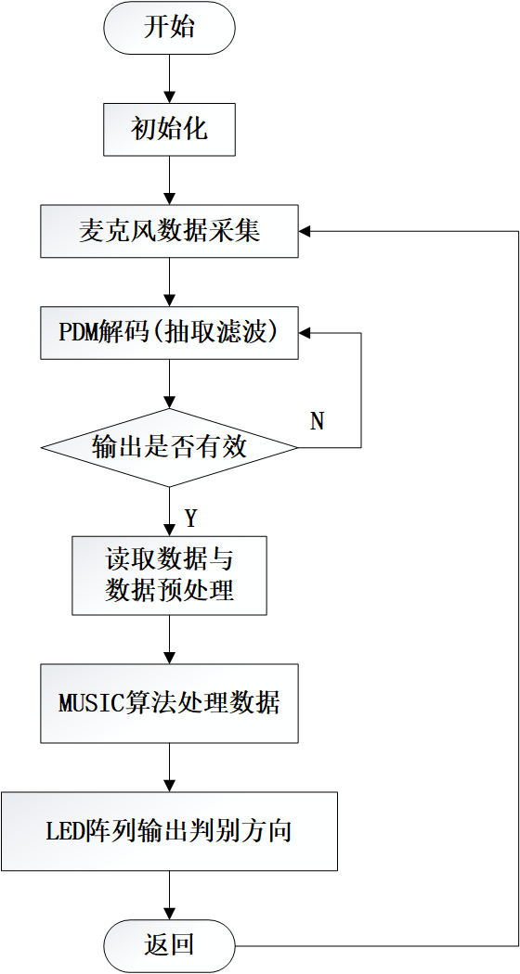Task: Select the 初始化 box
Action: [x=169, y=130]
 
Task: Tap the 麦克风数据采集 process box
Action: [x=169, y=231]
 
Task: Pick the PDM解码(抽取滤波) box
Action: [x=169, y=333]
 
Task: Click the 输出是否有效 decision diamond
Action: [x=169, y=447]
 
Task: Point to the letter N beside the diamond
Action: [x=318, y=422]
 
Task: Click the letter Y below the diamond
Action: [x=190, y=518]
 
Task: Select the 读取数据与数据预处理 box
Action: [x=169, y=575]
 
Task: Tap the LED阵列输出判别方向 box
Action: [x=169, y=831]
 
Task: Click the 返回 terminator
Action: [x=169, y=945]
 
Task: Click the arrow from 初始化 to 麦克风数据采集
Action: [x=169, y=180]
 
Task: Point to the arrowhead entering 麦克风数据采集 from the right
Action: [x=304, y=231]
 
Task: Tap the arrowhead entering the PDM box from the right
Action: [x=304, y=333]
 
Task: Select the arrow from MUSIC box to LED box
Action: [x=169, y=766]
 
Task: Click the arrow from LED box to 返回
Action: [x=169, y=895]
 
